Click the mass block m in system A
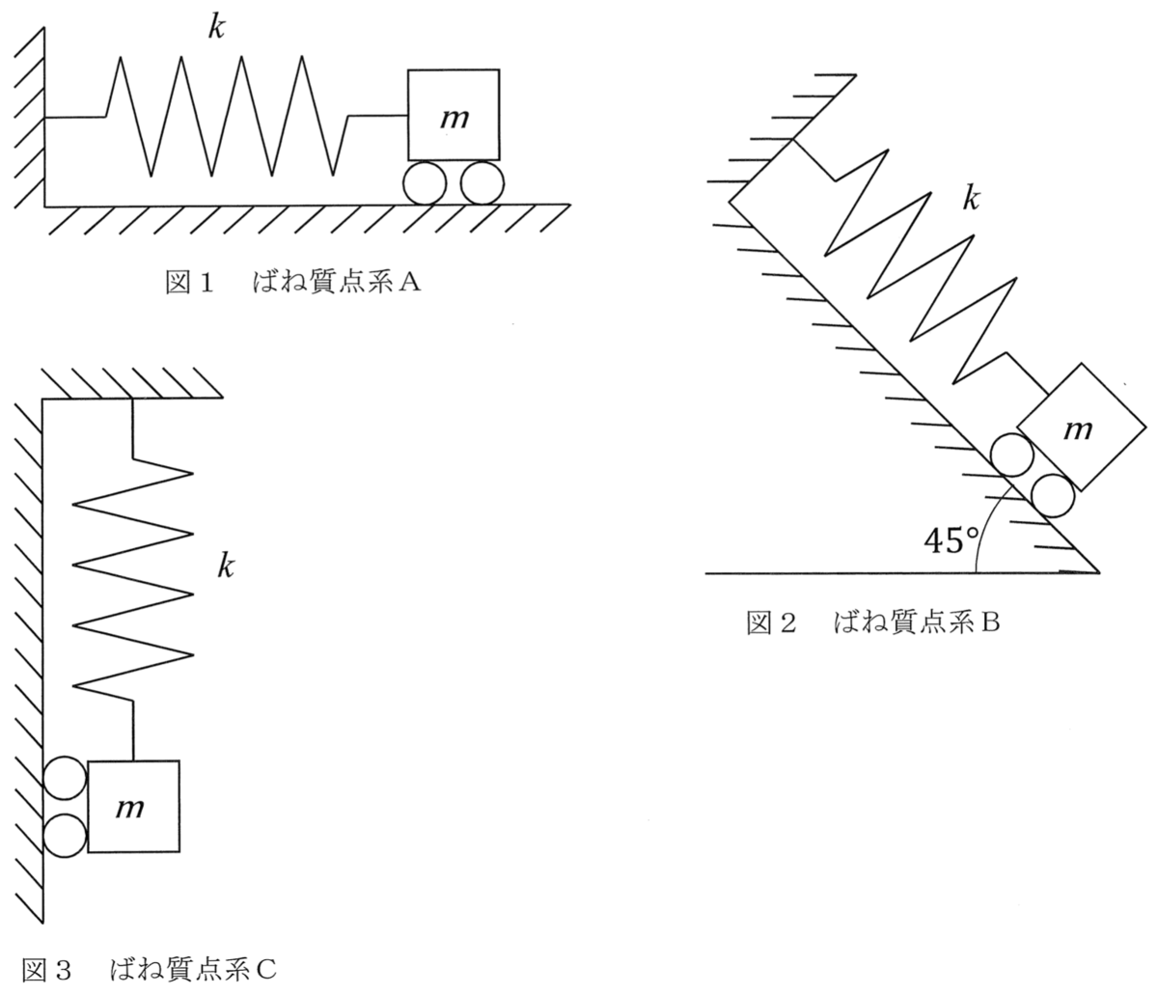click(x=454, y=115)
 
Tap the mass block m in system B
click(x=1081, y=427)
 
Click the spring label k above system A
click(x=216, y=26)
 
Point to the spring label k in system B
click(x=971, y=198)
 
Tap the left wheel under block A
click(x=425, y=183)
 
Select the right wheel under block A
click(x=482, y=183)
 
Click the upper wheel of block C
click(x=65, y=778)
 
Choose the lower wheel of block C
click(x=65, y=836)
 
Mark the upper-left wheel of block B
click(x=1011, y=455)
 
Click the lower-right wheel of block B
click(x=1053, y=495)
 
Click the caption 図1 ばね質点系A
click(x=292, y=283)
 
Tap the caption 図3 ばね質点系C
click(x=149, y=970)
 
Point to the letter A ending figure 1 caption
click(x=409, y=283)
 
